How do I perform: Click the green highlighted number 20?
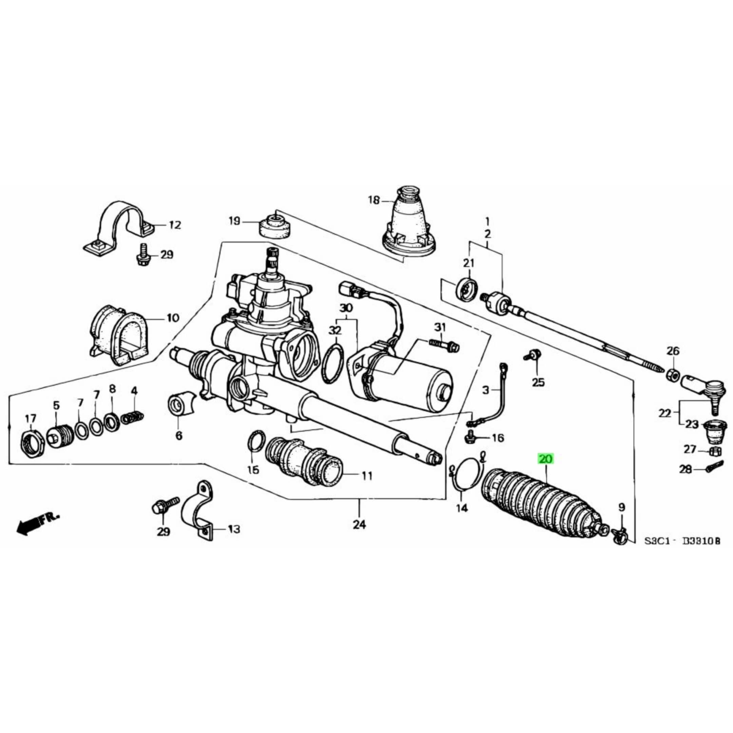(546, 459)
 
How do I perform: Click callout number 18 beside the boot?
(374, 200)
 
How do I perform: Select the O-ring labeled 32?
(333, 364)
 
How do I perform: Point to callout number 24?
(359, 525)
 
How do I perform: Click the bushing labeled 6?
(178, 405)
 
